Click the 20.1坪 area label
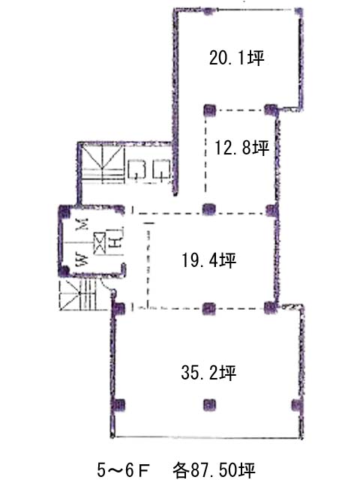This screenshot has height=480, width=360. click(x=236, y=58)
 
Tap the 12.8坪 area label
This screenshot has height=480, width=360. click(x=241, y=148)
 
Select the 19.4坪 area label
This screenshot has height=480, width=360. click(x=209, y=260)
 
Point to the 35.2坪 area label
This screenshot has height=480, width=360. click(x=208, y=373)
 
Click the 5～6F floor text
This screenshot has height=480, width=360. click(x=123, y=469)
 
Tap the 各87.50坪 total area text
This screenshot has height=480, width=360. click(x=214, y=469)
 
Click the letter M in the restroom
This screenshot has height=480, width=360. click(x=82, y=223)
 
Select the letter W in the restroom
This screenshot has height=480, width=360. click(x=82, y=259)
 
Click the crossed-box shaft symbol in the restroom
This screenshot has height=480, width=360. click(x=100, y=243)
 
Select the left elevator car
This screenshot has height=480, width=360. click(x=136, y=169)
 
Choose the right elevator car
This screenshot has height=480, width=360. click(x=162, y=169)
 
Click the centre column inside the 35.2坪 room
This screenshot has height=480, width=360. click(x=209, y=405)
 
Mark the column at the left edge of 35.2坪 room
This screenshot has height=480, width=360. click(x=118, y=405)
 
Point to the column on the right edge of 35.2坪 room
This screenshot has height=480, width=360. click(x=297, y=405)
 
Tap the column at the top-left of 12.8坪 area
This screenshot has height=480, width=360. click(x=210, y=110)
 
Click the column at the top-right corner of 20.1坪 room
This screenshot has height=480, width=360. click(x=298, y=12)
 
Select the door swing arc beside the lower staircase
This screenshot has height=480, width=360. click(x=108, y=286)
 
